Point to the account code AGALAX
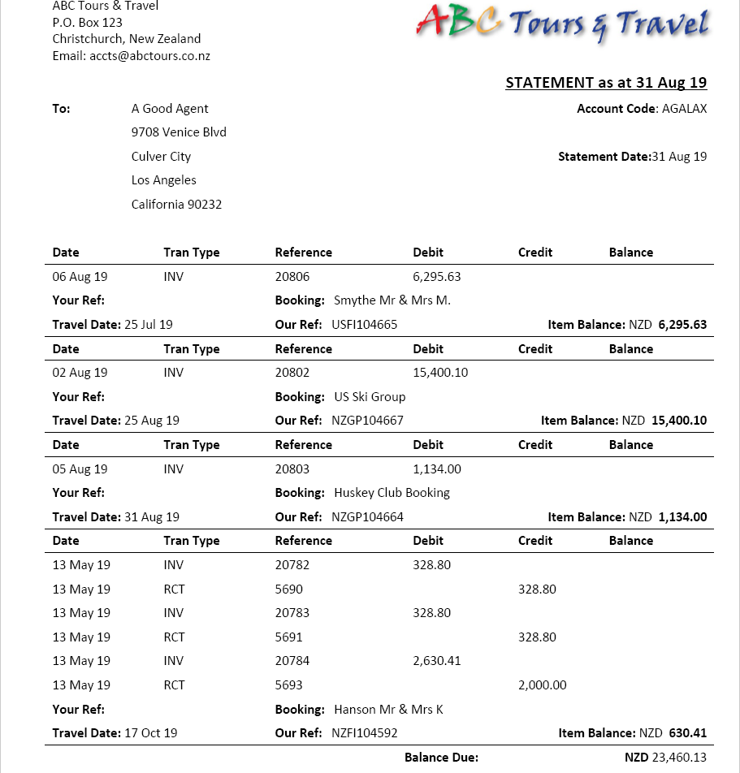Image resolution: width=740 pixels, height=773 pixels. point(684,109)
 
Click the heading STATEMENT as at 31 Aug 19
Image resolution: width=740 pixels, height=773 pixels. point(606,82)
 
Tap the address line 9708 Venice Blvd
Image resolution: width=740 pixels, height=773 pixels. point(179,132)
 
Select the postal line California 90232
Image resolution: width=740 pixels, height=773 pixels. point(176,205)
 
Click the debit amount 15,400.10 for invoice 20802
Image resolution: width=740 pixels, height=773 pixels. point(440,373)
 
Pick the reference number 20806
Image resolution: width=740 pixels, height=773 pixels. point(292,277)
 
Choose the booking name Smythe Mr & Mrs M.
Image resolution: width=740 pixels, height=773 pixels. point(392,300)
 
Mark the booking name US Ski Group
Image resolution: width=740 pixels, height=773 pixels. point(370,397)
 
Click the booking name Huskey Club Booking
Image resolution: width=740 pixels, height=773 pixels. point(392,493)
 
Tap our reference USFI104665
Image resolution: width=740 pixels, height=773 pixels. point(365,325)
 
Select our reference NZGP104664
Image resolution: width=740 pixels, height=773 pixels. point(367,517)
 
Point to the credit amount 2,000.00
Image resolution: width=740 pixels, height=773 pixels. point(543,685)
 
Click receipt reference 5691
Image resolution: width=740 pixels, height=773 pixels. point(289,637)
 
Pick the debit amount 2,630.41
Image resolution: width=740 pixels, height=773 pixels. point(437,661)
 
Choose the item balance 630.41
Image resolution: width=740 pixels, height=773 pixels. point(688,733)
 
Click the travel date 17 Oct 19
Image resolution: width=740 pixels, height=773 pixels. point(151,733)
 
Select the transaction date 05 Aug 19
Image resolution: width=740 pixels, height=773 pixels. point(80,469)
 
